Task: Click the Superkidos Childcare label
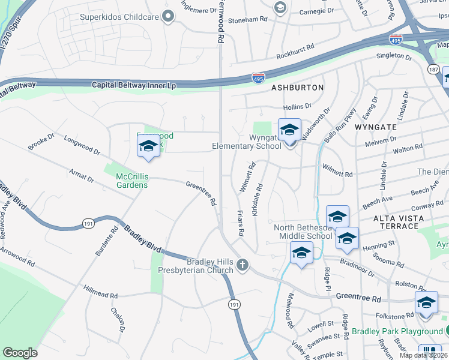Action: (x=120, y=17)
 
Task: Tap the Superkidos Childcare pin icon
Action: (x=169, y=17)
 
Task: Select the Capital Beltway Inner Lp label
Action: (x=134, y=86)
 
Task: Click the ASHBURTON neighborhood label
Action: (x=297, y=88)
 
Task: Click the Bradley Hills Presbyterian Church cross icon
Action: (x=243, y=265)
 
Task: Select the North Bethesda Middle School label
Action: (x=303, y=232)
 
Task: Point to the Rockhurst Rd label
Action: (x=295, y=51)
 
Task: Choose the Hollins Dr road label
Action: (x=297, y=106)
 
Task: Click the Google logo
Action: (x=20, y=353)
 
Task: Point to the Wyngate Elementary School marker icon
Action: (x=289, y=129)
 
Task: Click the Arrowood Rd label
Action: (x=18, y=256)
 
